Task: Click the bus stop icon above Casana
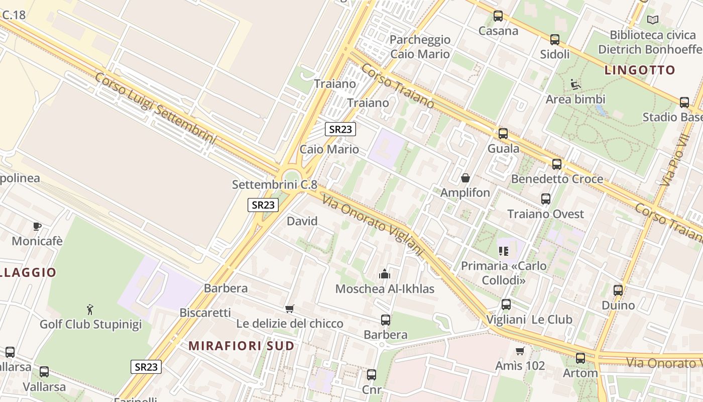pyautogui.click(x=498, y=16)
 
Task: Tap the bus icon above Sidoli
pyautogui.click(x=555, y=40)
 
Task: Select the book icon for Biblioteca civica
pyautogui.click(x=653, y=20)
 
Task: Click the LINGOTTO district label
pyautogui.click(x=640, y=70)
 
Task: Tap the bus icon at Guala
pyautogui.click(x=503, y=134)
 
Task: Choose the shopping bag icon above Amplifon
pyautogui.click(x=465, y=178)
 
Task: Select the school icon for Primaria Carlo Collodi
pyautogui.click(x=504, y=251)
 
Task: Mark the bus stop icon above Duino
pyautogui.click(x=618, y=290)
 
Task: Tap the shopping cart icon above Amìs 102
pyautogui.click(x=520, y=351)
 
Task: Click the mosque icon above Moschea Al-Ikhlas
pyautogui.click(x=385, y=274)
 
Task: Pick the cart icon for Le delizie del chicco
pyautogui.click(x=289, y=309)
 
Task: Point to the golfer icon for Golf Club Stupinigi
pyautogui.click(x=90, y=309)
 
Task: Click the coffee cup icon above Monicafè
pyautogui.click(x=37, y=226)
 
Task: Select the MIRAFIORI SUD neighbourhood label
pyautogui.click(x=242, y=346)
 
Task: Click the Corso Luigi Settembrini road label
pyautogui.click(x=155, y=109)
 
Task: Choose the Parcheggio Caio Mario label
pyautogui.click(x=420, y=47)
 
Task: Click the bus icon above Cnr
pyautogui.click(x=372, y=375)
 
